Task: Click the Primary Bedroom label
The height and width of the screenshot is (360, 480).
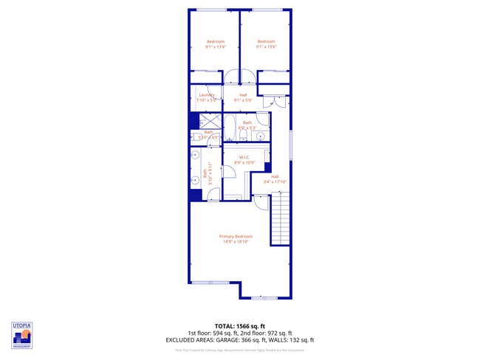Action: pyautogui.click(x=240, y=236)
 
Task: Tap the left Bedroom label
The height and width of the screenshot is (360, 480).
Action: pyautogui.click(x=215, y=41)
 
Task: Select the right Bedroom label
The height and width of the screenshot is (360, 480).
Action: pyautogui.click(x=266, y=41)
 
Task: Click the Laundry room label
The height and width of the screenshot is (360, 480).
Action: pyautogui.click(x=207, y=94)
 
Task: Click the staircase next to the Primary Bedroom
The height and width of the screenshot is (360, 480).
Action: pyautogui.click(x=281, y=218)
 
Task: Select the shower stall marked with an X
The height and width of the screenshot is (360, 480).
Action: pyautogui.click(x=210, y=121)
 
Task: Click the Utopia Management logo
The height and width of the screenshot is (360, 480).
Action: pyautogui.click(x=21, y=335)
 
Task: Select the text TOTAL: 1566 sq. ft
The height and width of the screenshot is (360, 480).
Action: pyautogui.click(x=240, y=325)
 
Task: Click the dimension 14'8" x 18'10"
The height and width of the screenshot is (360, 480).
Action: pyautogui.click(x=240, y=241)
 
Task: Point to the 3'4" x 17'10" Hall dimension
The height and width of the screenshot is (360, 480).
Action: pyautogui.click(x=275, y=181)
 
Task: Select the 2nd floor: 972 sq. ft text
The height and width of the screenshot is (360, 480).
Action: pyautogui.click(x=267, y=333)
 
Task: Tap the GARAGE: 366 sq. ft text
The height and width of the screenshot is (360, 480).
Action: pyautogui.click(x=250, y=340)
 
